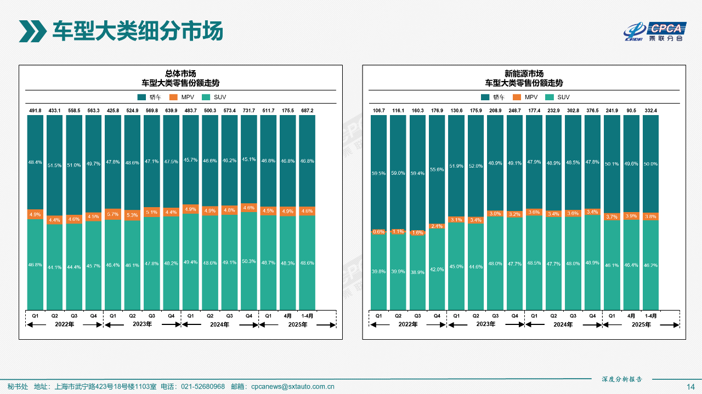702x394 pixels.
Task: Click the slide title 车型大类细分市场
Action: [137, 31]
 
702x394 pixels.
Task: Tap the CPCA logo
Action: [655, 31]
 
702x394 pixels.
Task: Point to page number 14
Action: [690, 386]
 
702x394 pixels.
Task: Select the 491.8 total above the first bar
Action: [35, 111]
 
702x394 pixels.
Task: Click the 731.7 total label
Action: [248, 111]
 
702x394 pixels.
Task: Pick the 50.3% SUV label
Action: [248, 261]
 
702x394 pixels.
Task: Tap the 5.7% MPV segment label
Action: [112, 214]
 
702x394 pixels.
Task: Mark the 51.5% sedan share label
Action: [55, 165]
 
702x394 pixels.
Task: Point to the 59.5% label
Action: [378, 174]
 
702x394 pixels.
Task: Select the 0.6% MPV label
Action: [378, 231]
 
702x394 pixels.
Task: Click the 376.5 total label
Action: [592, 111]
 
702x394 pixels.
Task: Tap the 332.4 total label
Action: [650, 111]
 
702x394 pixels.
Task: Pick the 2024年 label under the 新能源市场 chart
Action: [563, 325]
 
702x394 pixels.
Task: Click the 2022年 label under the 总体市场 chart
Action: [65, 325]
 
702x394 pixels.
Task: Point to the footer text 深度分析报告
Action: [621, 379]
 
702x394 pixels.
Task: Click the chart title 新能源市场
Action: [524, 73]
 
